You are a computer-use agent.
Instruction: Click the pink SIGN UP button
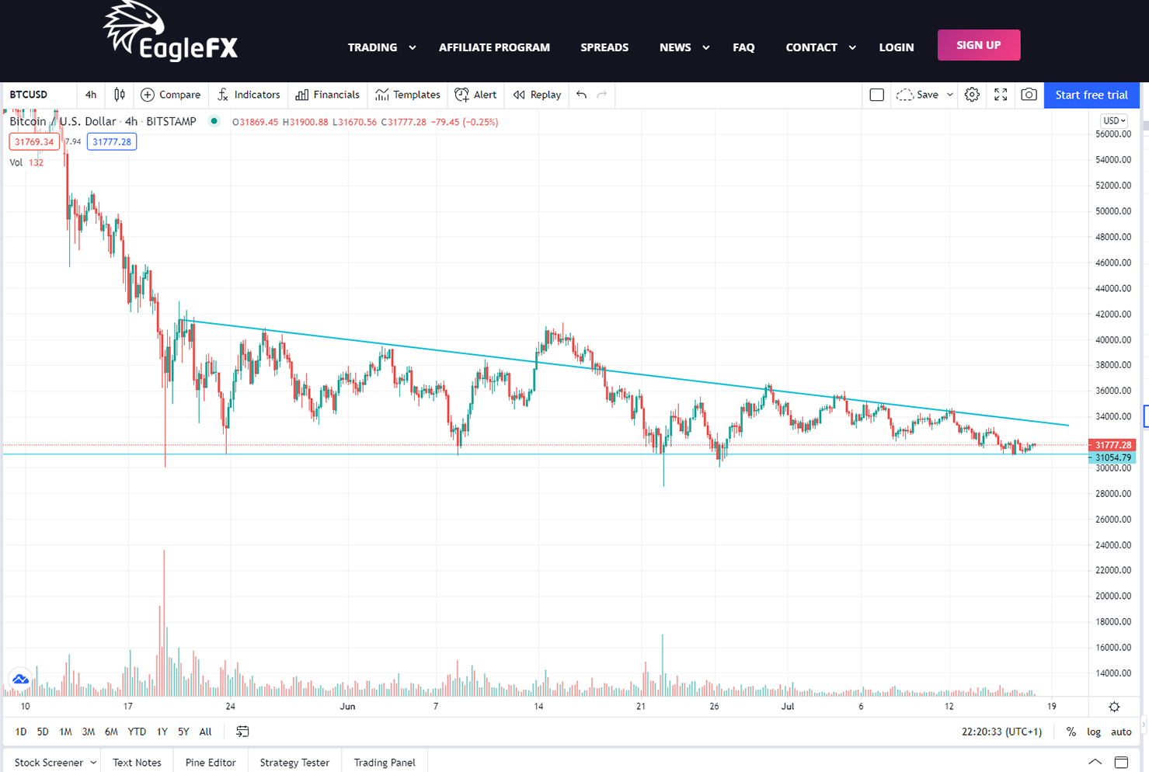tap(979, 45)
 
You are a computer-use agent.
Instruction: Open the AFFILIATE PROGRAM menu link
tap(494, 47)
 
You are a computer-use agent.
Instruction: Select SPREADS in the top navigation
tap(604, 47)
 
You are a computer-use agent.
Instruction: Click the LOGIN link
tap(896, 47)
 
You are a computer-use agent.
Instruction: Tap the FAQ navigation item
tap(743, 47)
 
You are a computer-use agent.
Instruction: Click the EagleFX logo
tap(171, 31)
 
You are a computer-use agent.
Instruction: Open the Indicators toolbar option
tap(249, 95)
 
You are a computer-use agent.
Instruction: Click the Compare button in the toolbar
tap(170, 95)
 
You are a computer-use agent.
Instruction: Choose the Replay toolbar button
tap(537, 95)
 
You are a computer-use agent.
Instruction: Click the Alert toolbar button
tap(475, 95)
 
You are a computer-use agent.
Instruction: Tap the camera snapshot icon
tap(1029, 95)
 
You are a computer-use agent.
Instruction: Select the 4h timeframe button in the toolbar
tap(91, 95)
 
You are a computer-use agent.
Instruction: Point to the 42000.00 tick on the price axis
tap(1113, 314)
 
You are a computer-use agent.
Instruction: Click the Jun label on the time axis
tap(347, 706)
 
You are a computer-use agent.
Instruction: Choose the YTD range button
tap(137, 732)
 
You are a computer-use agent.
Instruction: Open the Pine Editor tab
tap(211, 762)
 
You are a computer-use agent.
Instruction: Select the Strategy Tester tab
tap(294, 762)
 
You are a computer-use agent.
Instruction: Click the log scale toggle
tap(1094, 732)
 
